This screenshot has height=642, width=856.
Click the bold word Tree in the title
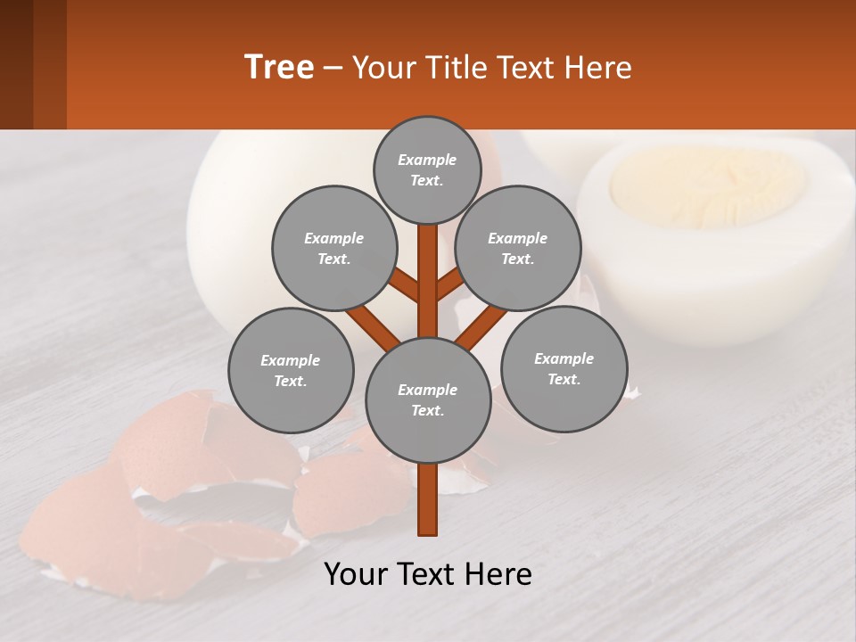pos(279,67)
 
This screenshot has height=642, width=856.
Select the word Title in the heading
pos(455,67)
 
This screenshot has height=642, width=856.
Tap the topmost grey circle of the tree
pos(427,169)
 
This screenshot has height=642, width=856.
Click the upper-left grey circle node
pos(334,248)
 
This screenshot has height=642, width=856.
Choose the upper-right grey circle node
pos(518,248)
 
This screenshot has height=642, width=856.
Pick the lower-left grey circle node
pos(291,370)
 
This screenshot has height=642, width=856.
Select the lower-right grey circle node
pos(564,368)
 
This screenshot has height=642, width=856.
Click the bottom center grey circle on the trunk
pos(427,399)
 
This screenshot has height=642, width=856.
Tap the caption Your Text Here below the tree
pos(427,574)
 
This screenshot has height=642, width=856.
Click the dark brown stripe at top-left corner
pos(16,64)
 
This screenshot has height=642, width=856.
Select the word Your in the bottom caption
pos(355,574)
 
